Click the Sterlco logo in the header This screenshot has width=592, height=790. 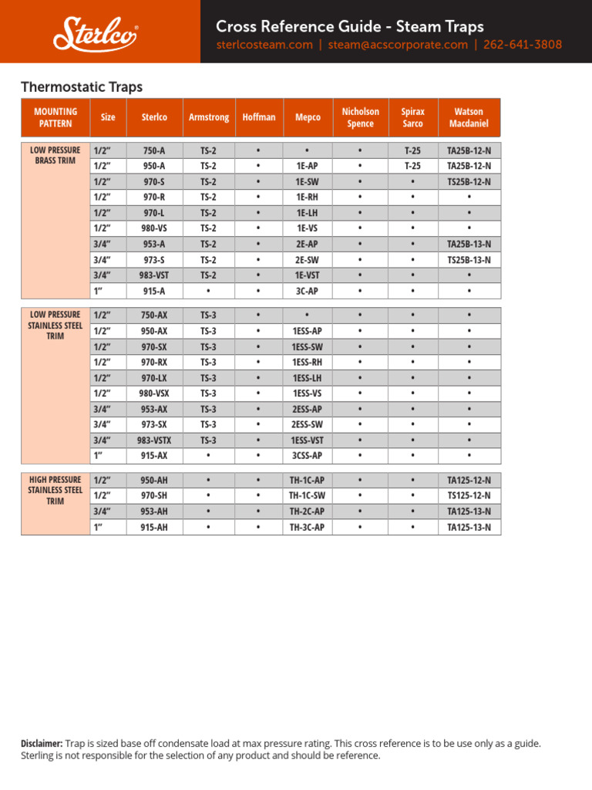tap(96, 33)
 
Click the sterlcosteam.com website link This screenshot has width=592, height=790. tap(264, 45)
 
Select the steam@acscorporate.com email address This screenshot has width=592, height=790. tap(398, 45)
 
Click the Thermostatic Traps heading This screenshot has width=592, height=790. tap(81, 87)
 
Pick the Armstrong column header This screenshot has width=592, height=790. tap(209, 117)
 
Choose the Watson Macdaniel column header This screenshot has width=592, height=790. tap(469, 117)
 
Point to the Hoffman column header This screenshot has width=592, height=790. tap(258, 117)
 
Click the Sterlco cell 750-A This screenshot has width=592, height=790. tap(153, 150)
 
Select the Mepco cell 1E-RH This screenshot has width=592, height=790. tap(307, 197)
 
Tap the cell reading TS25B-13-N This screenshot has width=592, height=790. tap(469, 260)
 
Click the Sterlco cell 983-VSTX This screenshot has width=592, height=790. tap(153, 441)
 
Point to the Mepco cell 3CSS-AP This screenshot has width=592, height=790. tap(307, 456)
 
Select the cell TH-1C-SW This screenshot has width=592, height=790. tap(307, 496)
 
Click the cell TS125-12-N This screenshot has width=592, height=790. tap(469, 496)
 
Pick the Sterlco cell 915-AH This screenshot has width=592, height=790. tap(153, 528)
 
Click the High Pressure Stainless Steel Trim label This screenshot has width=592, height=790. tap(55, 490)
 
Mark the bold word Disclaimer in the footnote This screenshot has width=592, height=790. tap(42, 744)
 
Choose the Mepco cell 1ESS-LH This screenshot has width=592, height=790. tap(307, 378)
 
